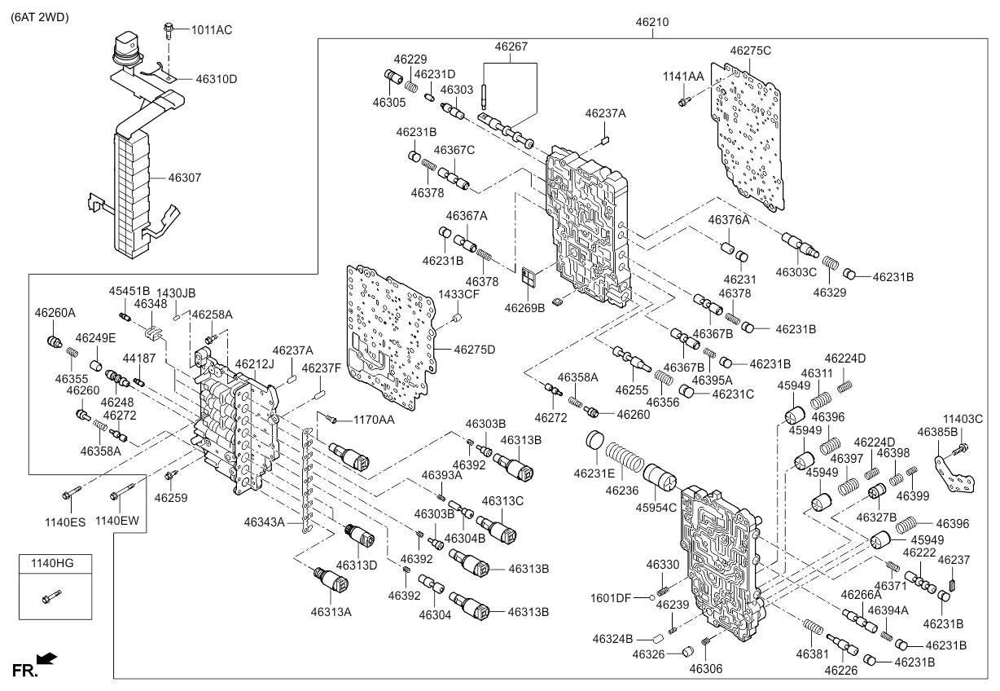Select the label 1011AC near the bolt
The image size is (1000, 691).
tap(212, 29)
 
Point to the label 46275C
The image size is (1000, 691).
tap(750, 51)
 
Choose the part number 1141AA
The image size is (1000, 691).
tap(683, 75)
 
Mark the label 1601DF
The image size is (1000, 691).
tap(612, 598)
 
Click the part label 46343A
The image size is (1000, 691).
tap(263, 522)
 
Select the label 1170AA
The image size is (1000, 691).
tap(375, 420)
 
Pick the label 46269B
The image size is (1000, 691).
tap(524, 308)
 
